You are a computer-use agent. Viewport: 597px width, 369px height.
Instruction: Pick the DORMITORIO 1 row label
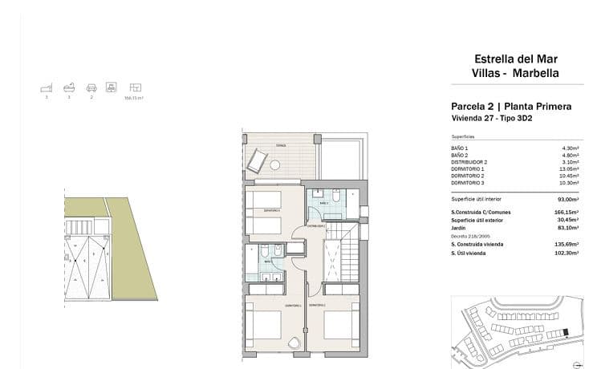468,169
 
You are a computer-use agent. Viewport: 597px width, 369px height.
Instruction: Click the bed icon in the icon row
47,87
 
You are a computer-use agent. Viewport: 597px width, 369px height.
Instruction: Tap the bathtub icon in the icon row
70,87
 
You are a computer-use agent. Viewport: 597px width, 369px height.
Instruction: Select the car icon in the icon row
91,87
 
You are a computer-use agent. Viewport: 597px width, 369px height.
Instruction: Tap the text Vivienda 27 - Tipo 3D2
492,119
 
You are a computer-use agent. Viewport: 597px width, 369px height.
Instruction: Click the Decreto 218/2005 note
468,236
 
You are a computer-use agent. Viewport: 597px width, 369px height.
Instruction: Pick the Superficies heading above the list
463,136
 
